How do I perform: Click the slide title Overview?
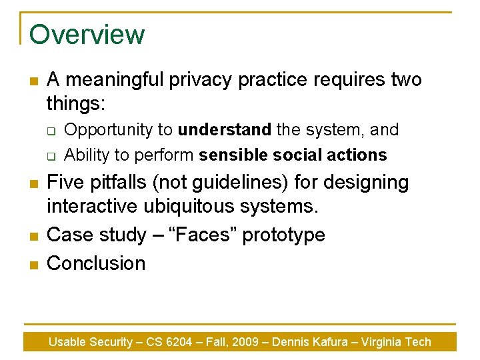point(87,35)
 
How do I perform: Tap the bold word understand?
point(224,129)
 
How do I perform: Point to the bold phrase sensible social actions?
point(293,155)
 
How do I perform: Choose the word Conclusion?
point(96,263)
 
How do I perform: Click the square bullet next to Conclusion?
point(33,265)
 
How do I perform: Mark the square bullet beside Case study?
point(33,236)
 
